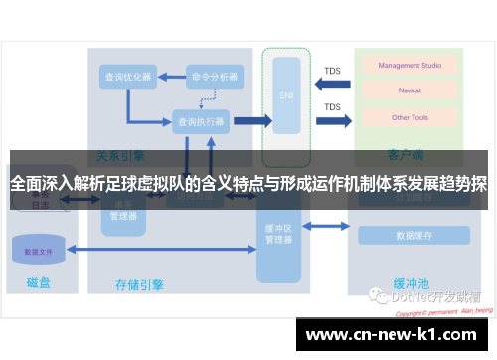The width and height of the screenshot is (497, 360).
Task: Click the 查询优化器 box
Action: [x=127, y=76]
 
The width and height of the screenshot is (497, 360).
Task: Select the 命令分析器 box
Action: [x=215, y=76]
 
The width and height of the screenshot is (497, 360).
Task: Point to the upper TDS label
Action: [x=332, y=71]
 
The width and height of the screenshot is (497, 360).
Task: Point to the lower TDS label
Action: [x=332, y=107]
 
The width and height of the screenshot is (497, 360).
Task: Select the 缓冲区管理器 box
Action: [x=279, y=235]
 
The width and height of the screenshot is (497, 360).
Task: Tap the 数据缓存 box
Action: [x=414, y=236]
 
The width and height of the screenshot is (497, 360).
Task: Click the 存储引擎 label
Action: [x=140, y=285]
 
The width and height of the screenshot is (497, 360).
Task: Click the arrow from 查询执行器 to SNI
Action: [x=252, y=121]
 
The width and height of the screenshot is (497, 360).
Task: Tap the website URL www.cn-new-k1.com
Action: [x=395, y=334]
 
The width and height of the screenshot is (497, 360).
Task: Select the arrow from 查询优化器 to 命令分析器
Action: [x=171, y=76]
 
